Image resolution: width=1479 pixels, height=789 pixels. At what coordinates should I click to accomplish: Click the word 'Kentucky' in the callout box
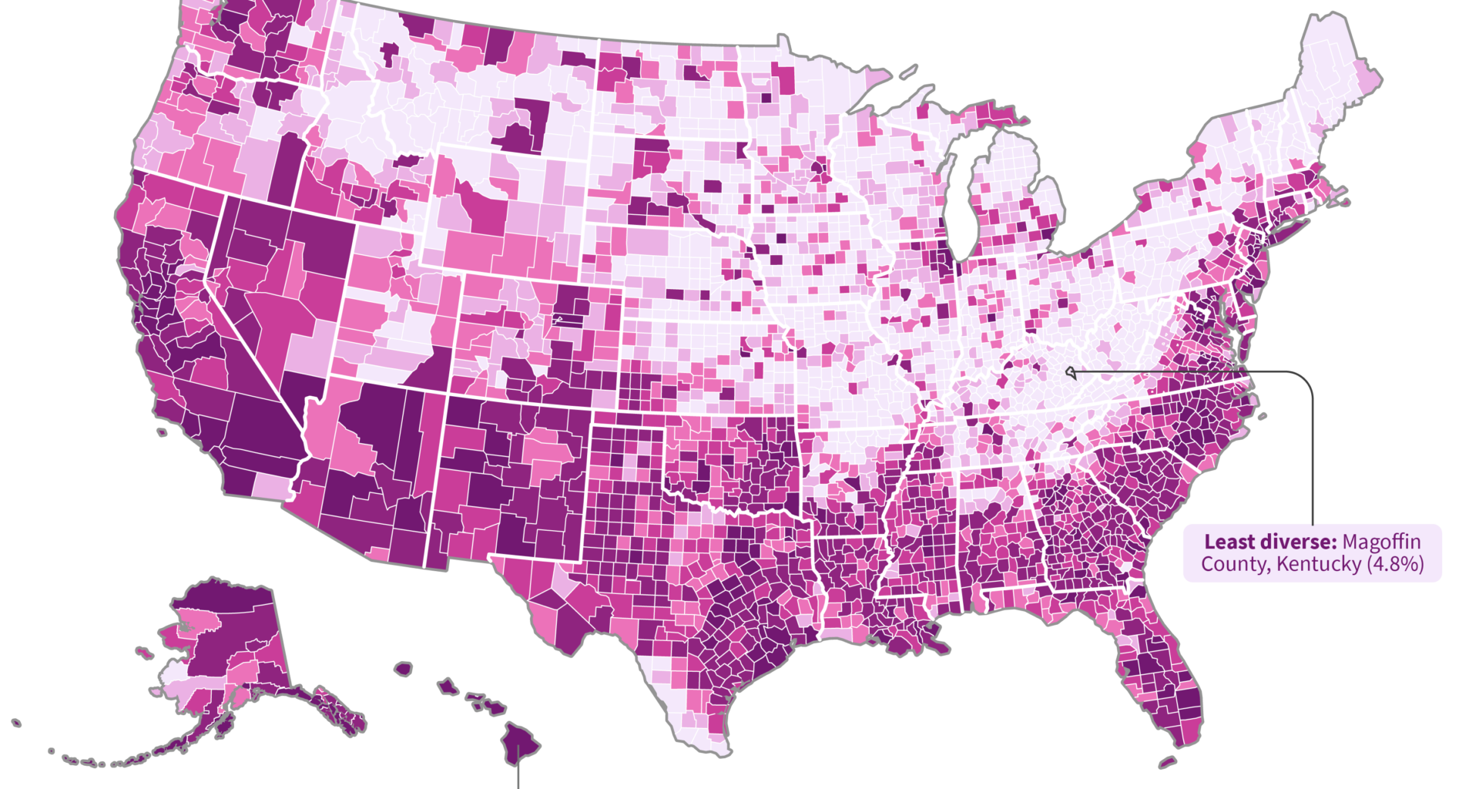[x=1319, y=564]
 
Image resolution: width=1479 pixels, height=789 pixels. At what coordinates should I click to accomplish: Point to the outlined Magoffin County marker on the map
[x=1070, y=373]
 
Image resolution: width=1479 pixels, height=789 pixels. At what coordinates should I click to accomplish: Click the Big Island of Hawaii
[x=519, y=743]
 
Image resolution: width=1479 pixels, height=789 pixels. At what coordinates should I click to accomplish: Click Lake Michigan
[x=959, y=200]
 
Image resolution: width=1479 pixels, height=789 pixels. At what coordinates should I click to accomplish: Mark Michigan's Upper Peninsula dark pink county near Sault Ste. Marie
[x=1001, y=115]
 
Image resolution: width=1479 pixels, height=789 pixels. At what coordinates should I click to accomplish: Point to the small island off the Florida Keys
[x=1168, y=763]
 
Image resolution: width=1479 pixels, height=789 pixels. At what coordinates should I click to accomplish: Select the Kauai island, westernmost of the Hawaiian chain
[x=403, y=668]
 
